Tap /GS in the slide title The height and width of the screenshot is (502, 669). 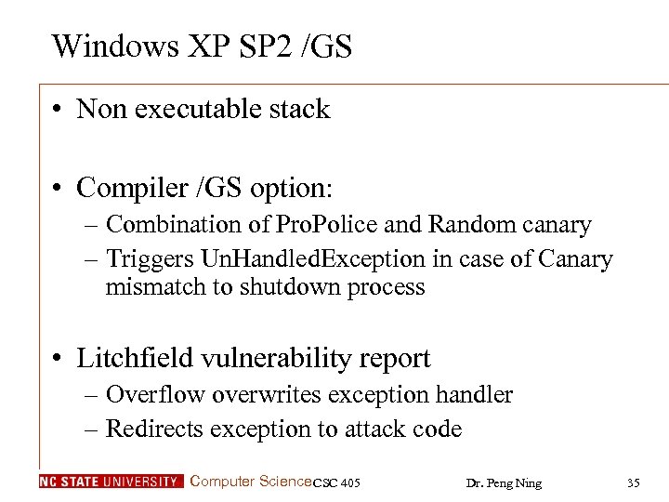tap(326, 46)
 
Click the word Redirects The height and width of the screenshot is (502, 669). tap(156, 429)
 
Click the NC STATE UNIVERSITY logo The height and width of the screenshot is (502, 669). tap(111, 482)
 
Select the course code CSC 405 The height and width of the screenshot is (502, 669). tap(336, 482)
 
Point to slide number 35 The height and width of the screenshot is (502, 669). tap(634, 482)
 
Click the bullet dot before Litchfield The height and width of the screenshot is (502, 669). tap(58, 359)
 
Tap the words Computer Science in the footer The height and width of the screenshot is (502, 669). tap(250, 481)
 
